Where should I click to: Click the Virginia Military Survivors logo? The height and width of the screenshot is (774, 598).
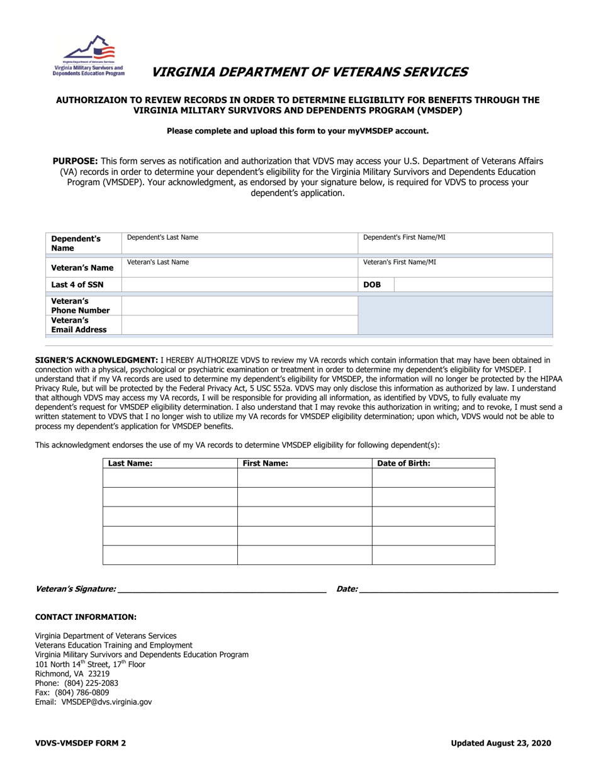tap(89, 56)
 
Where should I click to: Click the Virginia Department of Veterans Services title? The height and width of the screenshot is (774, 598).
tap(309, 72)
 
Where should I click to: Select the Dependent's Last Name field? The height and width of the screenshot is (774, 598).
tap(239, 244)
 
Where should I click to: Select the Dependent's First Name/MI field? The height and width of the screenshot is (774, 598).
tap(455, 244)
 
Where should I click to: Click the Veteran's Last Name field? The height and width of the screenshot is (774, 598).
tap(239, 267)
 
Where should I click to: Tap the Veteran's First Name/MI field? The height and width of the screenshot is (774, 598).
tap(455, 267)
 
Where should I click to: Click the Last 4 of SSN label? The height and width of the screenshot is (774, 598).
tap(77, 284)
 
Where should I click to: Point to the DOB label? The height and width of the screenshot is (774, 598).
tap(372, 284)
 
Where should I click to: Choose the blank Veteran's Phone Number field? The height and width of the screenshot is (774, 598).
tap(239, 306)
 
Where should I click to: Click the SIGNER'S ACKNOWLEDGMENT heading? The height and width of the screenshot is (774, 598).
tap(96, 361)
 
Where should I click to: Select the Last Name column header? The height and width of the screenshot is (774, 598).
tap(131, 463)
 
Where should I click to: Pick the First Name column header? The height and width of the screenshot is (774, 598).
tap(266, 463)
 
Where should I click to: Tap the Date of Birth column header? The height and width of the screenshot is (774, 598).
tap(403, 463)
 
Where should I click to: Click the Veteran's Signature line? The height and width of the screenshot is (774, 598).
tap(222, 589)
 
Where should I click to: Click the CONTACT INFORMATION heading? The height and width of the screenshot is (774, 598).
tap(86, 617)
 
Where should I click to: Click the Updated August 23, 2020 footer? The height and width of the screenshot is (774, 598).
tap(500, 743)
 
